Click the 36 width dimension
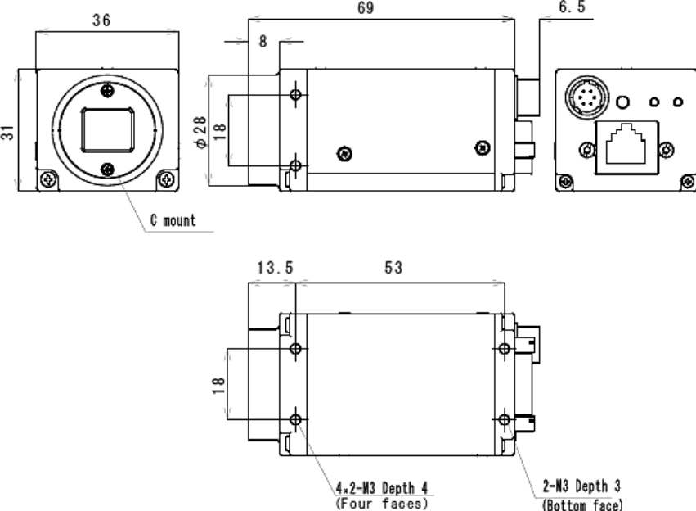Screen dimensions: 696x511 tap(101, 20)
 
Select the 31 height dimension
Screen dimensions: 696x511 tap(7, 133)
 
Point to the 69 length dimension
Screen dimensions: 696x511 tap(366, 7)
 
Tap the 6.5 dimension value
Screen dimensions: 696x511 tap(572, 7)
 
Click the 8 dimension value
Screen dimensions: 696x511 tap(263, 41)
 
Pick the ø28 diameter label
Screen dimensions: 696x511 tap(200, 132)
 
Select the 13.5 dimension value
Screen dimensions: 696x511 tap(275, 268)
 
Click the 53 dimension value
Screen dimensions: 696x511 tap(393, 268)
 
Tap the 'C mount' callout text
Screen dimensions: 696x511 tap(173, 220)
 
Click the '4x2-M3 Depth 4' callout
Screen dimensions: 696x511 tap(382, 488)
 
